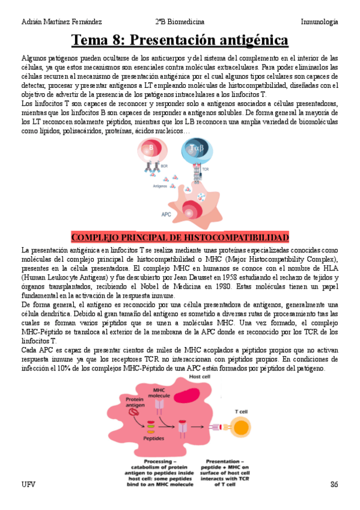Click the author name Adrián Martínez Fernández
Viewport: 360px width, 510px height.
[x=61, y=22]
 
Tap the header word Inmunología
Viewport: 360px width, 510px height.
[x=319, y=22]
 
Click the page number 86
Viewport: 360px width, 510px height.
[x=334, y=484]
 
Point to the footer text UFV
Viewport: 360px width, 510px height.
[x=28, y=484]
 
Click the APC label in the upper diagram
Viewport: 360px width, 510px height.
[x=166, y=214]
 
